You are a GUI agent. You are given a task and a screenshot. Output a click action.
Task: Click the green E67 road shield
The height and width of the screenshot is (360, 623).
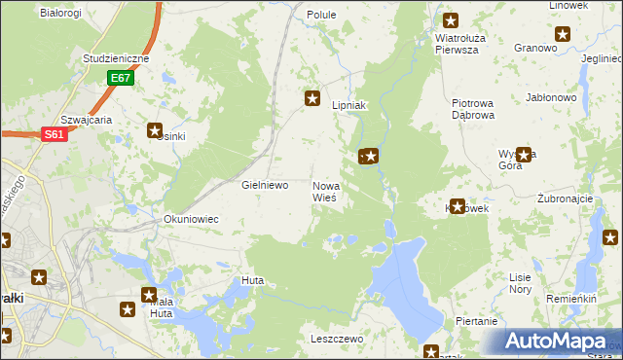pos(120,77)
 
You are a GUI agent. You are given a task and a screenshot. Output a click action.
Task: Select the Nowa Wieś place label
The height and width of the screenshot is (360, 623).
pos(324,191)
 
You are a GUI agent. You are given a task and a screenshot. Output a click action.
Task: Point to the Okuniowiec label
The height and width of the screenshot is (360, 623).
pos(191,219)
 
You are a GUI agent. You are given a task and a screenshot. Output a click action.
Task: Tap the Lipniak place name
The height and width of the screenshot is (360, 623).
pos(348,105)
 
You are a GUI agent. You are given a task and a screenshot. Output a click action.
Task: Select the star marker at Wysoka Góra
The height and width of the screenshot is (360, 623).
pos(526,154)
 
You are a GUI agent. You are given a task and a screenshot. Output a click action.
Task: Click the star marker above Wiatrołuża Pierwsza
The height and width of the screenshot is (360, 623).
pos(451,19)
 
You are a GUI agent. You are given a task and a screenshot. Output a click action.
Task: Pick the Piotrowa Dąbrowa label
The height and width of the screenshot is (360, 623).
pos(473,108)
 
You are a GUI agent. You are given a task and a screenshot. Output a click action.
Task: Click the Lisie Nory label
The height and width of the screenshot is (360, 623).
pos(520,282)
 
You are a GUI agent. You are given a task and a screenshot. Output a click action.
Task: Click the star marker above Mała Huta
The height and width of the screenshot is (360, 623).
pos(149,295)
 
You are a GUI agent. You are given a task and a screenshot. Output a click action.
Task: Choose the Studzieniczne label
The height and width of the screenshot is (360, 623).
pos(116,58)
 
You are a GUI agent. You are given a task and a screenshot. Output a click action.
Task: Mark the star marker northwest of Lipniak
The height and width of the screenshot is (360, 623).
pos(312,97)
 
